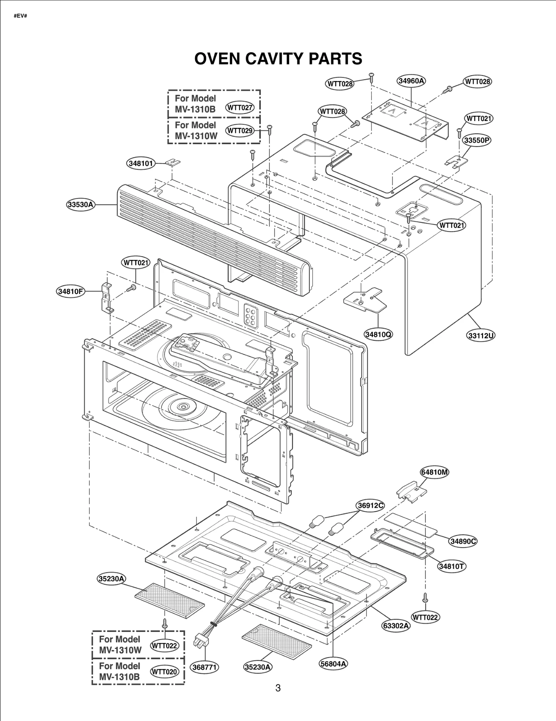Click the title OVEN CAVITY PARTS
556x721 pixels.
coord(278,59)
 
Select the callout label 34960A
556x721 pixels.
coord(411,81)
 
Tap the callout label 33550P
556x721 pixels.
coord(477,141)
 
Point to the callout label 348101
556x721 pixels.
coord(140,163)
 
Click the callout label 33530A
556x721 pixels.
coord(81,205)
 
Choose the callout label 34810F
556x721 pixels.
coord(71,291)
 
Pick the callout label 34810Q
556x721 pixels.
coord(378,335)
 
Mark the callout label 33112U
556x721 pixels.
coord(481,336)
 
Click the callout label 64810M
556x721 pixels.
coord(434,472)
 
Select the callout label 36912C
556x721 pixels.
coord(370,505)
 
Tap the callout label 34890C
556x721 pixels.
coord(463,541)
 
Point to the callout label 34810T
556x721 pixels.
coord(451,566)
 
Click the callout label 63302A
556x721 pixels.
coord(396,626)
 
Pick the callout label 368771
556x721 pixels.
coord(204,667)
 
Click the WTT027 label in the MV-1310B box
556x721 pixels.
coord(239,107)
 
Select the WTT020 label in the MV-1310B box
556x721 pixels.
coord(164,672)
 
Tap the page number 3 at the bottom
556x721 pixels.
coord(278,688)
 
